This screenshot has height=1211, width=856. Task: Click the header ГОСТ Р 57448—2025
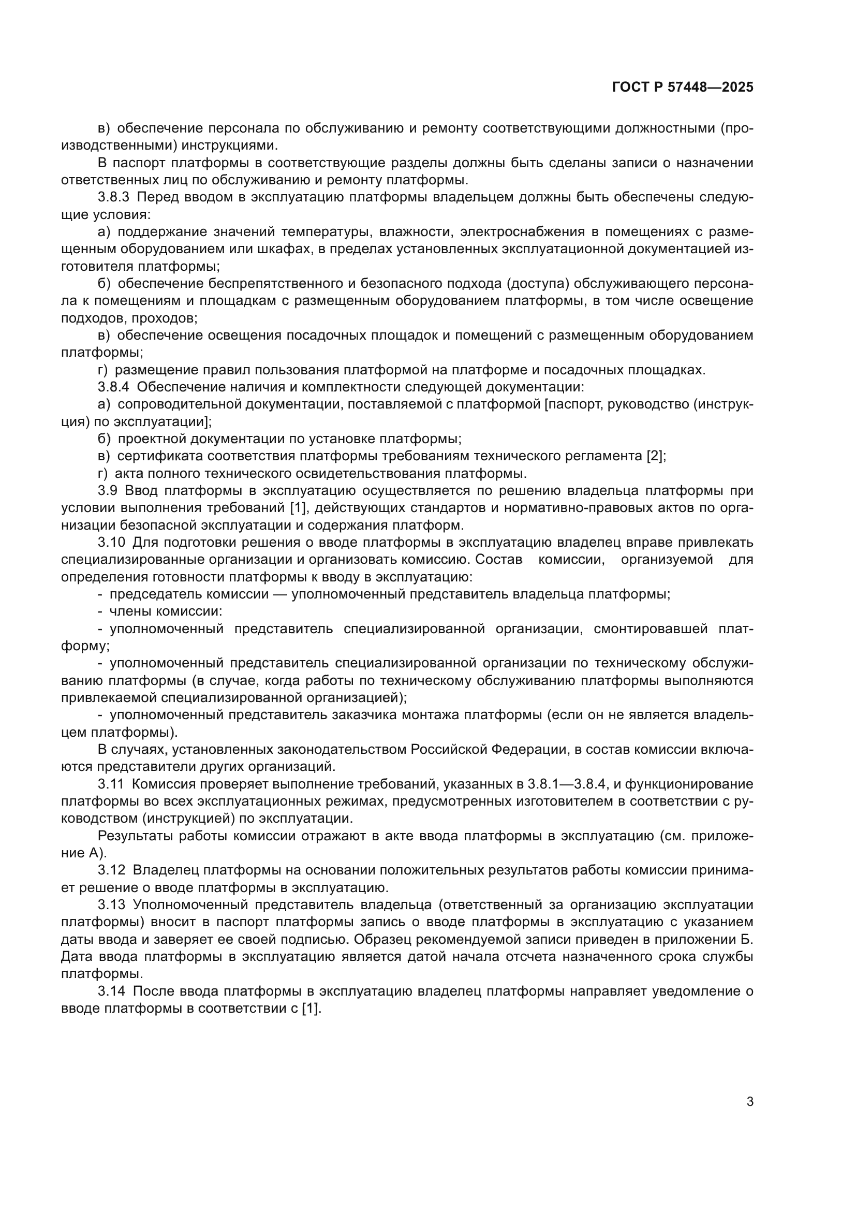[x=683, y=87]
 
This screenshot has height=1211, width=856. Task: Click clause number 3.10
[x=111, y=542]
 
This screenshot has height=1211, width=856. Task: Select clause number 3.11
[x=111, y=784]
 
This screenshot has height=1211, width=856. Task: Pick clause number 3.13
[x=111, y=904]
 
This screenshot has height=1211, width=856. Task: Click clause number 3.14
[x=111, y=990]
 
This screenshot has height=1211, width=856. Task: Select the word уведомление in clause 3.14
[x=695, y=990]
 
